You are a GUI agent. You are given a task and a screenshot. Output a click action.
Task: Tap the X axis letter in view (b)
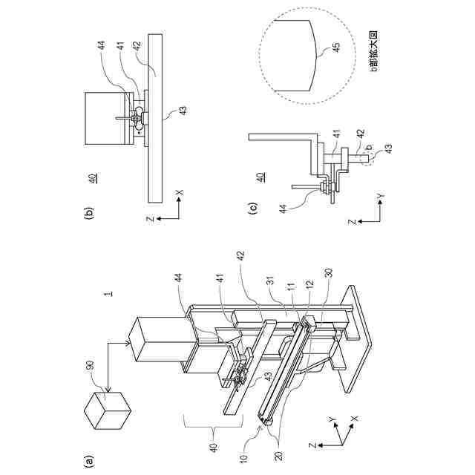[180, 193]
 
